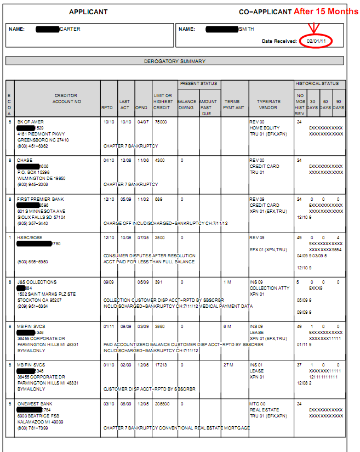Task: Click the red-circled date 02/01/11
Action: [x=316, y=41]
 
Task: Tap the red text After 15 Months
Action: [x=326, y=11]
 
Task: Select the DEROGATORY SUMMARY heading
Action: [x=175, y=61]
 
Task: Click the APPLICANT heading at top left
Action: [x=88, y=12]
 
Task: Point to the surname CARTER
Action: [x=70, y=29]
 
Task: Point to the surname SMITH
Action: [x=247, y=29]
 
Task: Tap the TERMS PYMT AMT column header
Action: [x=232, y=105]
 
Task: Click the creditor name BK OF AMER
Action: [x=30, y=121]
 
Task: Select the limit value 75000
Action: [x=161, y=121]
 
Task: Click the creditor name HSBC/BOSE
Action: [x=29, y=238]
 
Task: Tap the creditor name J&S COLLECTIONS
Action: [x=37, y=282]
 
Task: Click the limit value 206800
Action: [x=162, y=403]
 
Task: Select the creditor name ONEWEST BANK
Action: [x=35, y=403]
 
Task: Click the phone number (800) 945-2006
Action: [x=33, y=184]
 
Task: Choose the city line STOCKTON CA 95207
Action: [x=38, y=300]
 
